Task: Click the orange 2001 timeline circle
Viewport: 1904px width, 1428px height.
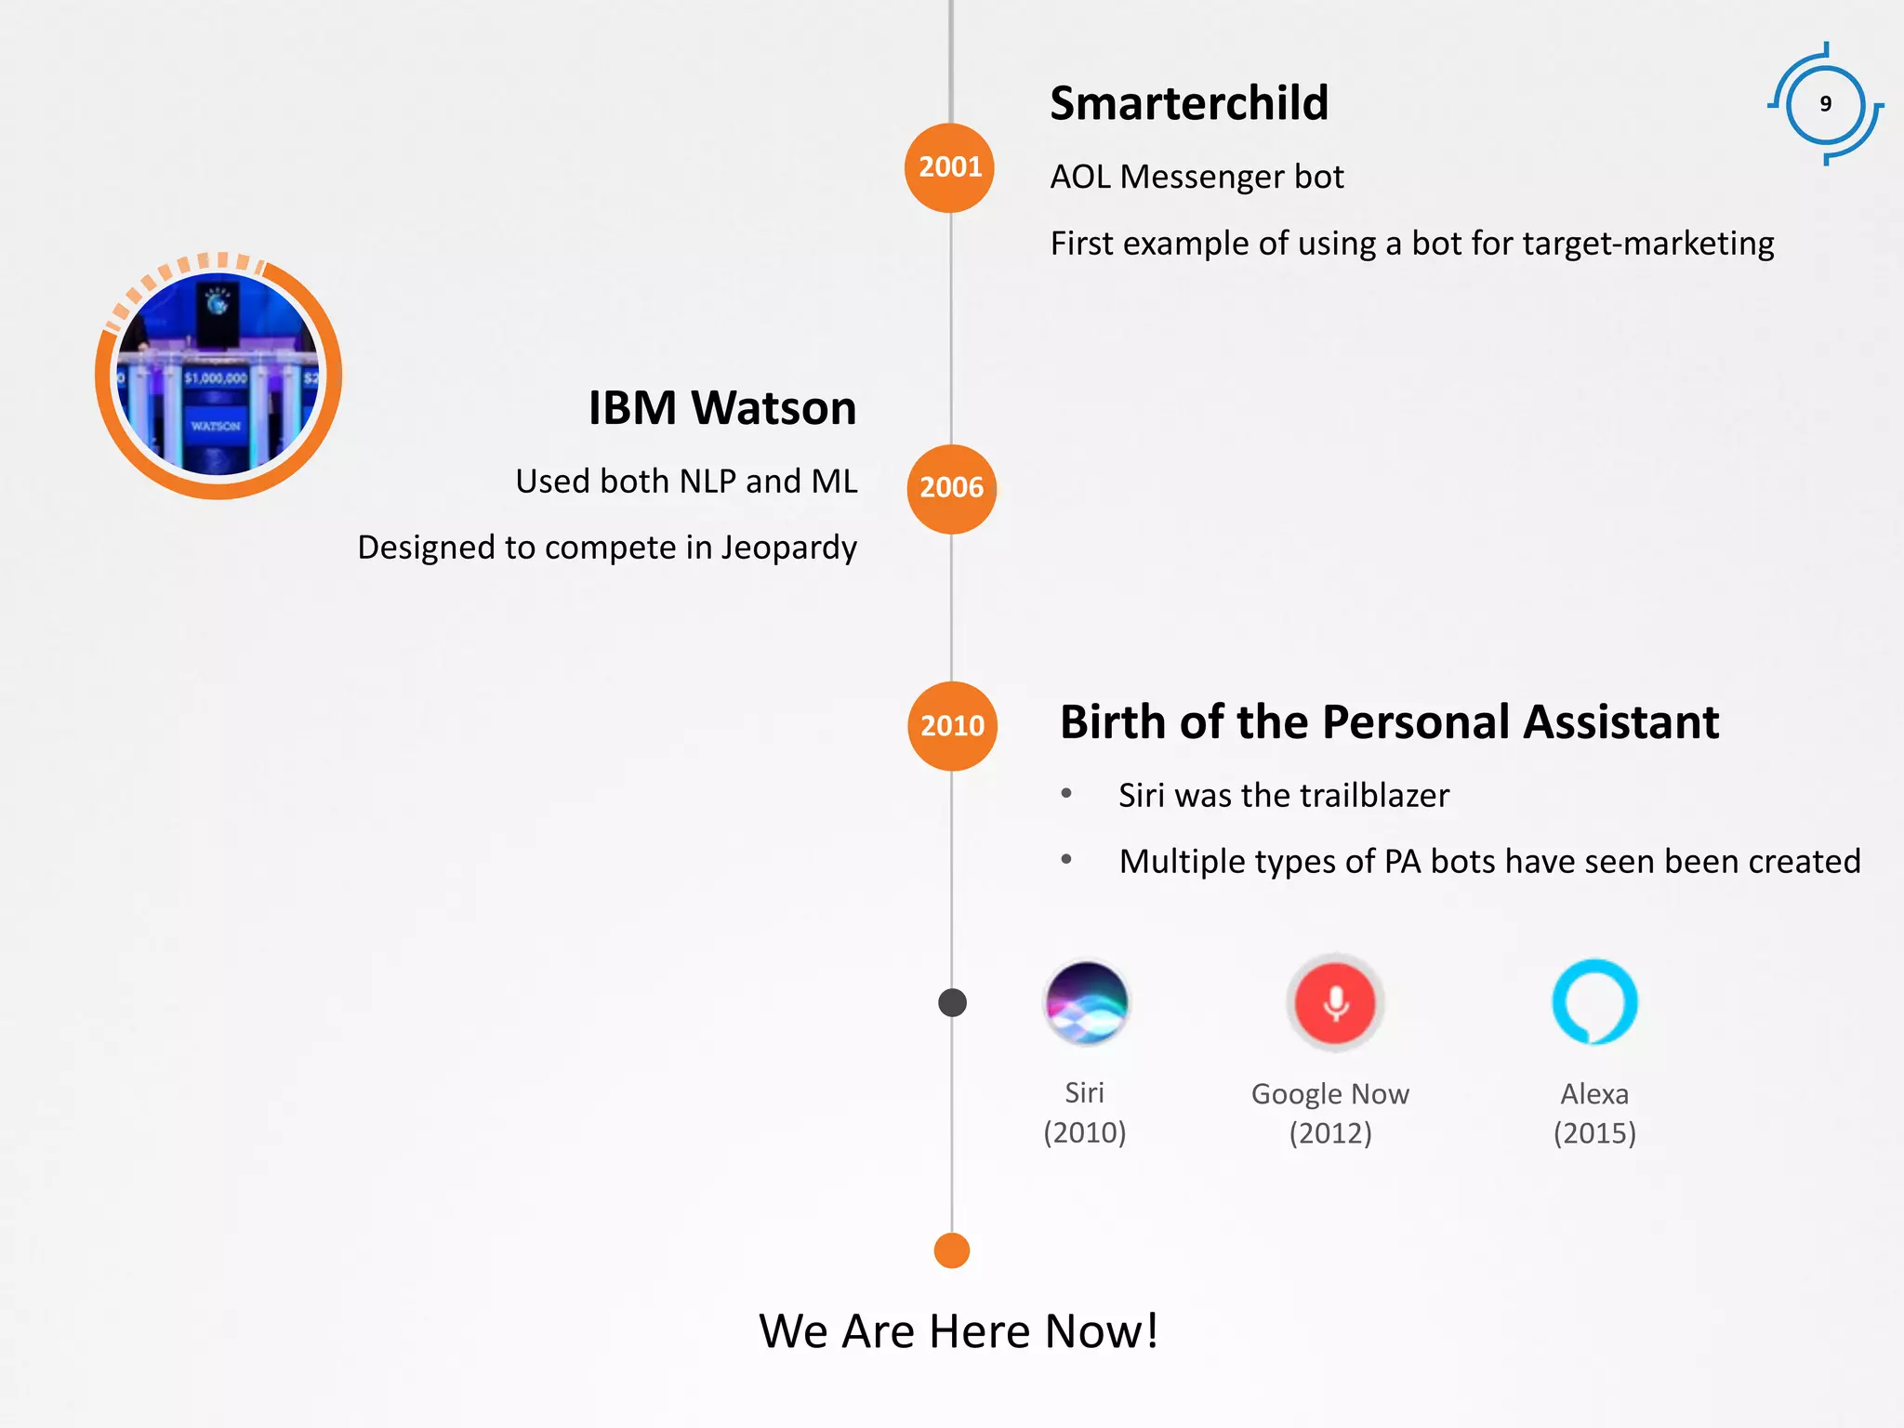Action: (x=949, y=167)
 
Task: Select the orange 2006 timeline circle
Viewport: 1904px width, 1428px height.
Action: (x=951, y=489)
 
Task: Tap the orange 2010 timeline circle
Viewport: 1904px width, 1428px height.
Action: (x=952, y=726)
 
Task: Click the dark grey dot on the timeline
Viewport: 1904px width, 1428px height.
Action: (x=952, y=1002)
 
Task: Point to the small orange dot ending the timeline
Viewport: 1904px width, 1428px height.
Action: (x=951, y=1250)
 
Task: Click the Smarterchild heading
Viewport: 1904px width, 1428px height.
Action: (x=1188, y=103)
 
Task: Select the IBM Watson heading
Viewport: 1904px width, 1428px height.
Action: (x=721, y=408)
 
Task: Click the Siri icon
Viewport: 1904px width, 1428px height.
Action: (x=1086, y=1003)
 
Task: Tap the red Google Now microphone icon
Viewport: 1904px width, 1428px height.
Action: (x=1335, y=1003)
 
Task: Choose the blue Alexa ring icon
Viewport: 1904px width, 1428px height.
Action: (x=1594, y=1002)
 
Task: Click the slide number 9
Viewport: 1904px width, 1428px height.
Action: (x=1825, y=104)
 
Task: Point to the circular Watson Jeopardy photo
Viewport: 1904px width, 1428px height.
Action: (x=218, y=376)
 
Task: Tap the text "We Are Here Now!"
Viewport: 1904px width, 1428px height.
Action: (x=959, y=1331)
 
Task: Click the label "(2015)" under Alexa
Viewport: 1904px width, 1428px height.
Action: (x=1594, y=1133)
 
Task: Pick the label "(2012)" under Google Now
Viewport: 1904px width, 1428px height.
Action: (x=1329, y=1133)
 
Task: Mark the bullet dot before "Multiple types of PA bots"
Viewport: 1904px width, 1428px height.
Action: (x=1066, y=860)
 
